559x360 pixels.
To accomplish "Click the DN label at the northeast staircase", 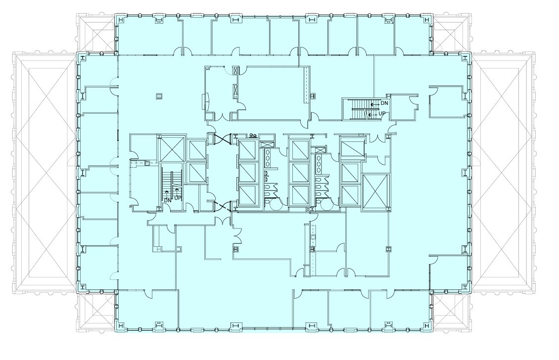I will [384, 104].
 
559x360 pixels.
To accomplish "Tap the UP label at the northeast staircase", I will [382, 114].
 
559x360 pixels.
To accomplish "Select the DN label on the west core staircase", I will [168, 200].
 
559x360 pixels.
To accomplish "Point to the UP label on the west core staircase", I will [178, 198].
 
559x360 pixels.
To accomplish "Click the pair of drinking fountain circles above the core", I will [253, 135].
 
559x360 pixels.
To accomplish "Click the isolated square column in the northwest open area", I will [159, 96].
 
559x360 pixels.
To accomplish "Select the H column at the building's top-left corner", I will [119, 19].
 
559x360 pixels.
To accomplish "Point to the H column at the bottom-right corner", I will [426, 325].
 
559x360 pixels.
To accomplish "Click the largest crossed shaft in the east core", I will [375, 192].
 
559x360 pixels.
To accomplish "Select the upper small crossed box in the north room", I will [236, 71].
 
